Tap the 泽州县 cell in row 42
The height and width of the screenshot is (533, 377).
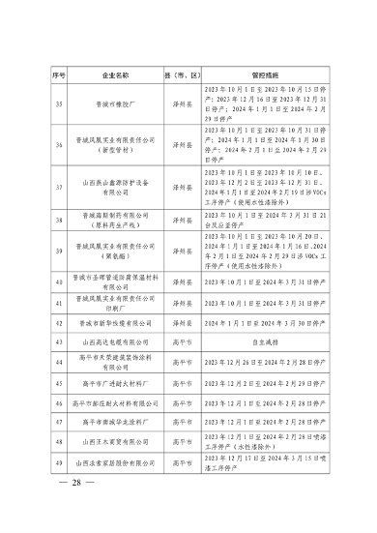point(180,324)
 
